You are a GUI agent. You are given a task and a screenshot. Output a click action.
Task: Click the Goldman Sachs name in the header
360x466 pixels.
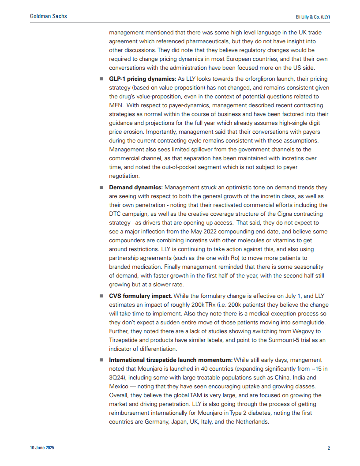pos(48,16)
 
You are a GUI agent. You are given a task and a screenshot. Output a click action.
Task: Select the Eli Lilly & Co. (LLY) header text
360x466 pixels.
pos(313,17)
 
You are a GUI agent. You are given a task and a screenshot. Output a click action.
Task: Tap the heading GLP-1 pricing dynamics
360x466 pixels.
pos(142,79)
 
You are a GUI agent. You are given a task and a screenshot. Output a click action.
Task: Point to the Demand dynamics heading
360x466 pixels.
pos(135,188)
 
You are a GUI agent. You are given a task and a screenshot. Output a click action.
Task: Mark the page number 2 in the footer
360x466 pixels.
pos(329,448)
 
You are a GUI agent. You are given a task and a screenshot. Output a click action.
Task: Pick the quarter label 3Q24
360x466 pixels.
pos(116,378)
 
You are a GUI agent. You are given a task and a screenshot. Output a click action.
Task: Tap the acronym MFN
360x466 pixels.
pos(116,105)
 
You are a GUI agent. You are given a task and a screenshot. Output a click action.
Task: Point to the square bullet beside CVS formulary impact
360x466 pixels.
pos(101,296)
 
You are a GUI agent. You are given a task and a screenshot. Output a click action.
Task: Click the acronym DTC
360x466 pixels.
pos(114,214)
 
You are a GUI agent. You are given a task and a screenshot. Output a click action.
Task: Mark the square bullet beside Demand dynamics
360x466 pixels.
pos(101,188)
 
